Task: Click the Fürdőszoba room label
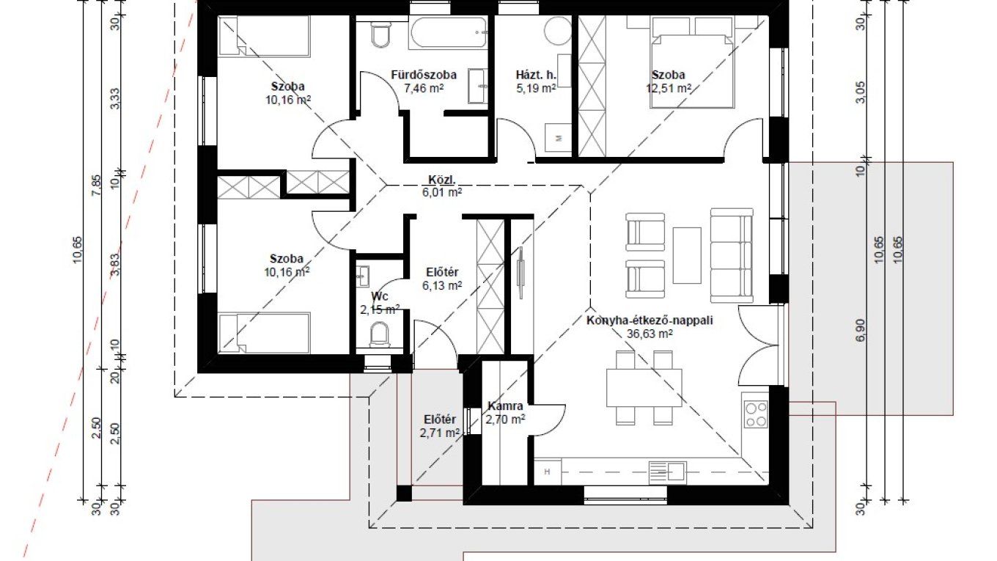click(x=423, y=74)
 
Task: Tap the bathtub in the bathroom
click(x=449, y=32)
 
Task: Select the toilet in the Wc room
click(x=380, y=334)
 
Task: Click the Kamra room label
click(x=505, y=406)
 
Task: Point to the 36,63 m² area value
click(x=650, y=334)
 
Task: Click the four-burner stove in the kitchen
click(x=756, y=414)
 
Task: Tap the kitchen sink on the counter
click(x=667, y=472)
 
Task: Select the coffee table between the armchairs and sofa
click(x=687, y=255)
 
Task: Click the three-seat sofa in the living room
click(x=732, y=255)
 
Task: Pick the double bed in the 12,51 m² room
click(x=692, y=71)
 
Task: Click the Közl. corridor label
click(x=441, y=180)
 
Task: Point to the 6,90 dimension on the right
click(x=861, y=330)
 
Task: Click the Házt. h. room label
click(x=536, y=74)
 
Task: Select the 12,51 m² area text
click(x=669, y=88)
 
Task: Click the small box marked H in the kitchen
click(x=548, y=472)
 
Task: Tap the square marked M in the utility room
click(x=559, y=138)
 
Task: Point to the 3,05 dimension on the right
click(x=861, y=92)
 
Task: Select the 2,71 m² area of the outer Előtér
click(x=439, y=433)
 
